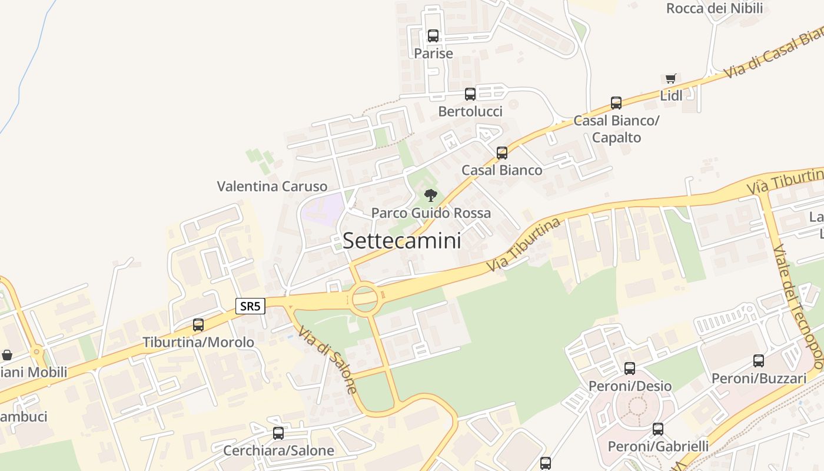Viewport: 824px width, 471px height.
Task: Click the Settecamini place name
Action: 402,240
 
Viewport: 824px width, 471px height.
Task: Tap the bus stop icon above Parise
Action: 433,35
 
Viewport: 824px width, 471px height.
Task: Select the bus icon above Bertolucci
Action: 470,94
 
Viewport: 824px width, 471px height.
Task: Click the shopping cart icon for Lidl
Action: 670,78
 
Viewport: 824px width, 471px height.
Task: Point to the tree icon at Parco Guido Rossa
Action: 431,195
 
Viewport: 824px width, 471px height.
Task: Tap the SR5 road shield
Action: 251,306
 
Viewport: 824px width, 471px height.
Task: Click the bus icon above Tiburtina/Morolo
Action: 198,324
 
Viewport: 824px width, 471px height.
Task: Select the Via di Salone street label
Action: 327,360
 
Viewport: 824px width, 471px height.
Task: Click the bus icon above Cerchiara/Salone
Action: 278,433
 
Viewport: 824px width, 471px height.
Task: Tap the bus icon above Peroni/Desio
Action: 630,369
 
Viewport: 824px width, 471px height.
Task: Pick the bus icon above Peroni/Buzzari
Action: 759,360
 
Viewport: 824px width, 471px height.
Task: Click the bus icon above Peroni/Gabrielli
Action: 658,429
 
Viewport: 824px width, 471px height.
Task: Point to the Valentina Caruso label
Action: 272,187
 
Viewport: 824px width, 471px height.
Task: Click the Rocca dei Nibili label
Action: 715,8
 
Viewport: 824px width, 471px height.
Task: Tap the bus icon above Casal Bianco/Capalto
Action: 616,103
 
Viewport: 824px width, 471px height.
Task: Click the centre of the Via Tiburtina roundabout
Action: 365,298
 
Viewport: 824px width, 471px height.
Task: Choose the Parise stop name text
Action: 433,54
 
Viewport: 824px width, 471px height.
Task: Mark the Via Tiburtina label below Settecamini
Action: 524,246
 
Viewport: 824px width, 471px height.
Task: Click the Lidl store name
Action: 671,95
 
